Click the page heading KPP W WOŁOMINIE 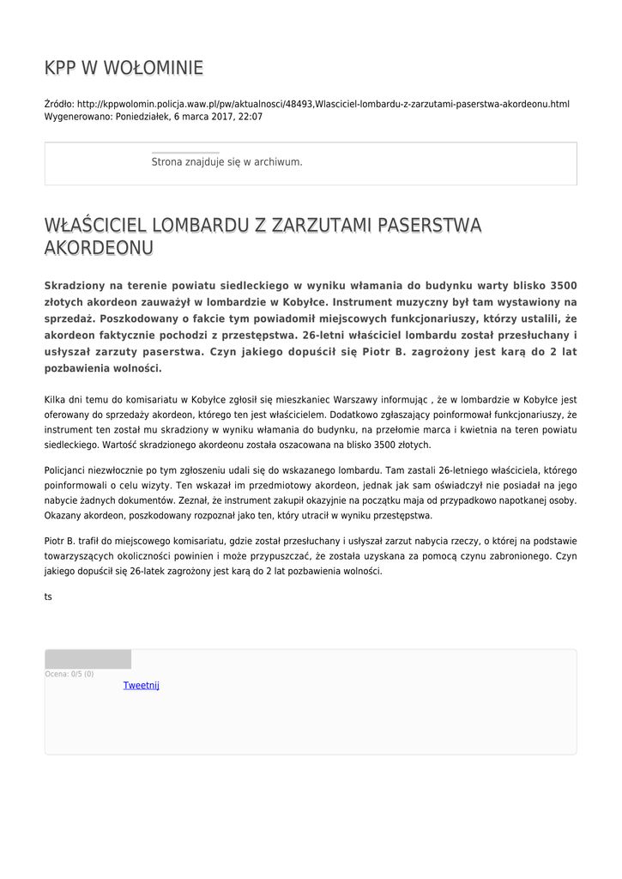click(124, 68)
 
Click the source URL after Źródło click(323, 104)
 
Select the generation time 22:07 click(251, 117)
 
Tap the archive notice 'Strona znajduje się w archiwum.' click(226, 161)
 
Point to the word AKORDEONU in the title click(99, 248)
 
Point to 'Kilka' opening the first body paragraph click(56, 399)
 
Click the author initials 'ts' click(48, 596)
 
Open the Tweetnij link click(142, 685)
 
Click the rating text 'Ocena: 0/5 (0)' click(69, 674)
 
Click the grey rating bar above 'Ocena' click(88, 659)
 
